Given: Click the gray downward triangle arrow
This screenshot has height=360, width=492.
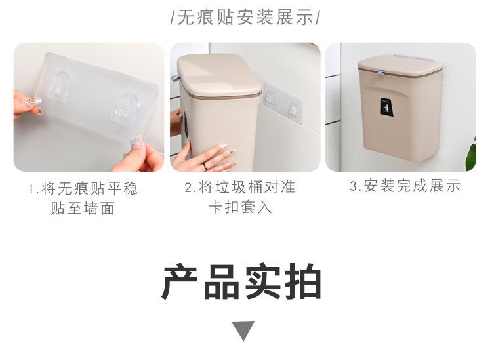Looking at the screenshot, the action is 243,330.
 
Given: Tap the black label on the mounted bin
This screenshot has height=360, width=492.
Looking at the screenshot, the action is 386,106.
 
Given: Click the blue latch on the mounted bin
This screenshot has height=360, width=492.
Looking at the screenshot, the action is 380,73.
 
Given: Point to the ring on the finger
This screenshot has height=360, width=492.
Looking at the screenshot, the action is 205,166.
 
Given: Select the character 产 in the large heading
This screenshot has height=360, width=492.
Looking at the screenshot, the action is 180,281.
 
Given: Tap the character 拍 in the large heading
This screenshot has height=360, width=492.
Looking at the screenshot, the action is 303,281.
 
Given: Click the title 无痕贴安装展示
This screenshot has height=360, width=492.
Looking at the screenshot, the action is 245,17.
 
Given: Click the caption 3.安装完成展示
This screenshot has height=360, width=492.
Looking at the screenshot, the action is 405,186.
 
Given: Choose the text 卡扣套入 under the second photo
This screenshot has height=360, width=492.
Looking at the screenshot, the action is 240,207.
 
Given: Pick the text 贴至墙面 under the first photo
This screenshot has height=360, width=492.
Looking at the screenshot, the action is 83,209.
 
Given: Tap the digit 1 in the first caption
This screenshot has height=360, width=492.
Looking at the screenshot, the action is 31,190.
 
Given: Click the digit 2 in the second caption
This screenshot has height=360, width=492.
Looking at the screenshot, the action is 188,188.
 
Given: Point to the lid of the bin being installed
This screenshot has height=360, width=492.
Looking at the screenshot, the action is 219,75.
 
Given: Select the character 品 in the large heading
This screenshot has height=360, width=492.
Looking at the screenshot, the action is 221,281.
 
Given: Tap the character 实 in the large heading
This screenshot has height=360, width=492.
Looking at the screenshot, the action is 262,281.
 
